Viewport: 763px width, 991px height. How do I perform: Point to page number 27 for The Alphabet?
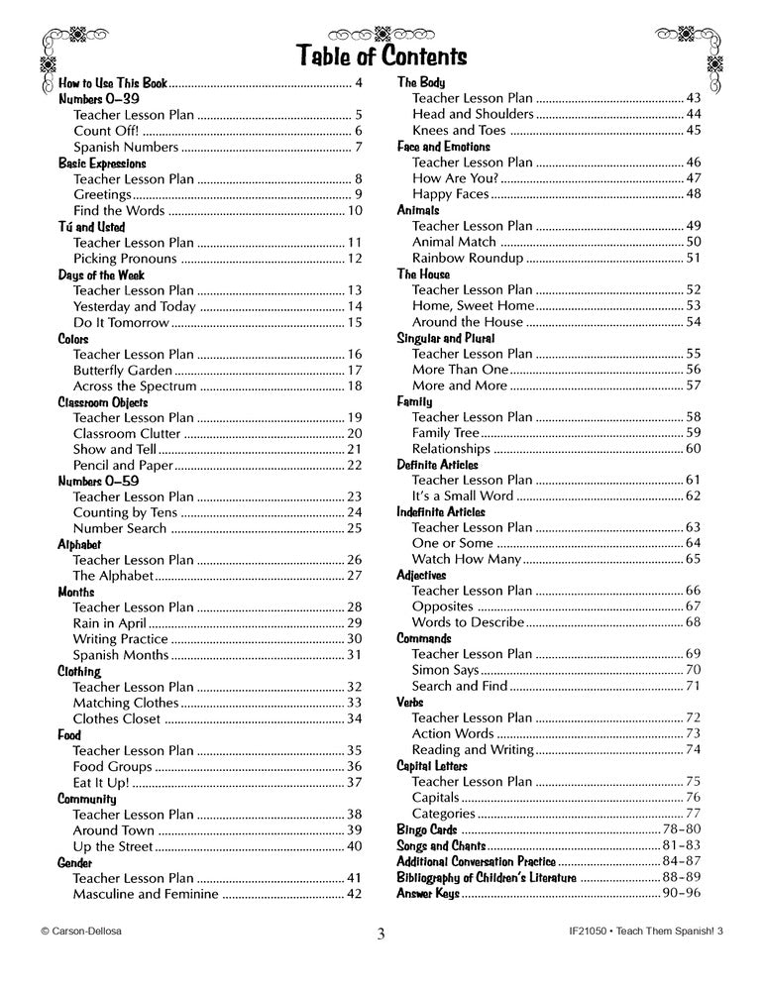[354, 576]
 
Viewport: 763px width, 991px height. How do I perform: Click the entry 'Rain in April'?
[109, 623]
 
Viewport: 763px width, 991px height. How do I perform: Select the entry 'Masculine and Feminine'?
[146, 894]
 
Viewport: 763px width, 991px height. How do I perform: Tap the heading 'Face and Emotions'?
[443, 147]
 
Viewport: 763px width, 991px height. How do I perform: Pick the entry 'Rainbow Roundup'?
[467, 258]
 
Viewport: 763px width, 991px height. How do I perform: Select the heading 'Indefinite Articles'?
[441, 512]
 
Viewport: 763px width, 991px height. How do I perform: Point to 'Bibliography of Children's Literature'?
[486, 878]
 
